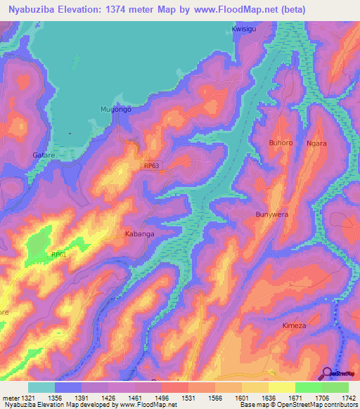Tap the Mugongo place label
(116, 110)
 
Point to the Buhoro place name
(281, 143)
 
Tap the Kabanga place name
(139, 233)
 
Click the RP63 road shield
(151, 165)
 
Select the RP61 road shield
(58, 255)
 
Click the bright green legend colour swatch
(309, 387)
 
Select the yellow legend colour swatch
(282, 387)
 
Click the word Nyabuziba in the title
(32, 10)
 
